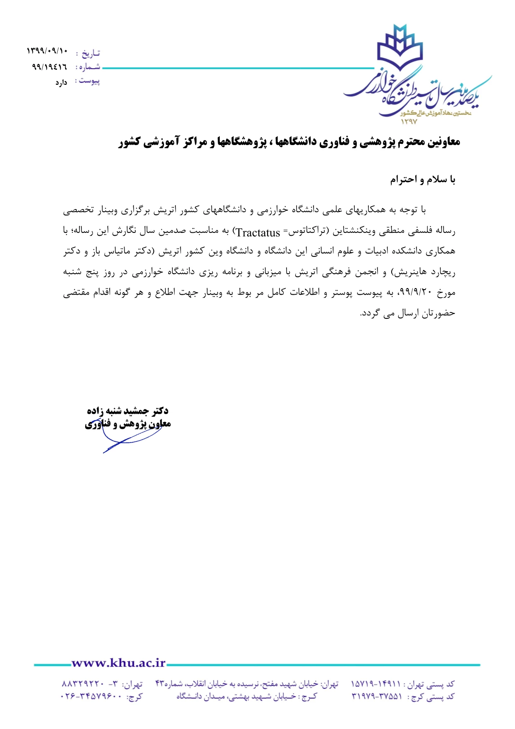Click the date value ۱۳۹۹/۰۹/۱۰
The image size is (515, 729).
point(47,52)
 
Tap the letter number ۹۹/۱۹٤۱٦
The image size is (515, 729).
point(49,66)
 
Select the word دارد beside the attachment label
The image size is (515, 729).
point(61,83)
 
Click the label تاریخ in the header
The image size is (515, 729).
point(91,53)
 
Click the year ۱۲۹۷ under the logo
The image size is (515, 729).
point(409,122)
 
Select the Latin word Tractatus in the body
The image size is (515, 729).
point(258,233)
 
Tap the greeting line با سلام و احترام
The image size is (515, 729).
point(422,180)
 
